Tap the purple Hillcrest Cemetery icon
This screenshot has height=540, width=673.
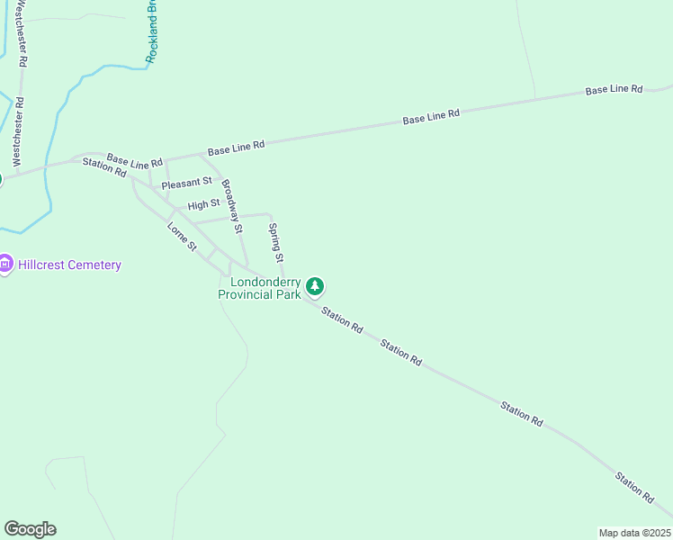(x=5, y=265)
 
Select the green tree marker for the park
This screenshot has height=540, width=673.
(x=315, y=286)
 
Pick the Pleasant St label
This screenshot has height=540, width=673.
(x=186, y=183)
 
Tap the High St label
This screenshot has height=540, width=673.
(x=203, y=205)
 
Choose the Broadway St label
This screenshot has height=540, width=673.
(x=233, y=206)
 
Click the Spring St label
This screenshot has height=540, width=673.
(x=275, y=242)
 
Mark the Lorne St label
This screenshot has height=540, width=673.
(x=182, y=237)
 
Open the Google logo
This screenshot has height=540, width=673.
(x=30, y=529)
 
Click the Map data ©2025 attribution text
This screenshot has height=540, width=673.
(x=633, y=533)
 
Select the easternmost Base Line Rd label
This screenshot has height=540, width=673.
(x=614, y=90)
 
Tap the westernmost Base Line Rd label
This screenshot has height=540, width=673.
(x=134, y=162)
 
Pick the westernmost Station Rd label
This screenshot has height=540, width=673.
(x=104, y=166)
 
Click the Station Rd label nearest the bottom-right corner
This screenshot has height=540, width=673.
(x=634, y=486)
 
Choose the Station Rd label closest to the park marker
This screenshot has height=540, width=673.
(x=342, y=321)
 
